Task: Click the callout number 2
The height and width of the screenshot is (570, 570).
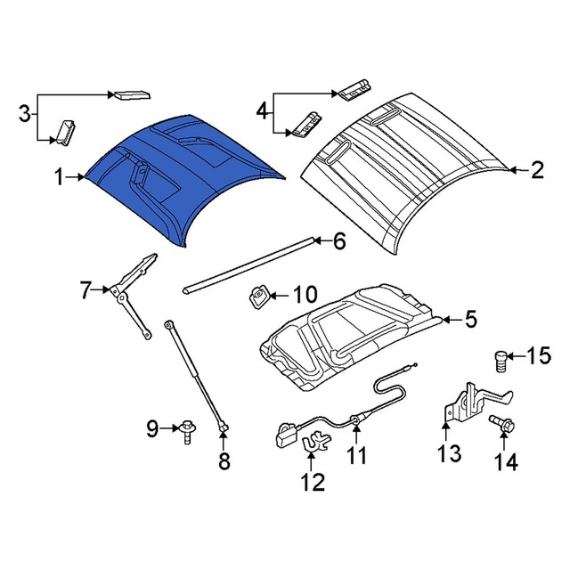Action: click(536, 170)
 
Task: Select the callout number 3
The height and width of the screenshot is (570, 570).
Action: click(25, 114)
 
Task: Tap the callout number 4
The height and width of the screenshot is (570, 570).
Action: click(262, 111)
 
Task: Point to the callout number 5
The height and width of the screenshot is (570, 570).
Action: click(471, 319)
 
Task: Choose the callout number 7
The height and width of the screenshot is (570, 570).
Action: click(85, 289)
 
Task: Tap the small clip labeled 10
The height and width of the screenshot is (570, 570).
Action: click(258, 296)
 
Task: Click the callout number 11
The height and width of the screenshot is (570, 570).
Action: click(356, 457)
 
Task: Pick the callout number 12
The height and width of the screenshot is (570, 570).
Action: click(313, 483)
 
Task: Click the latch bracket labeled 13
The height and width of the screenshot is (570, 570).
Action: click(469, 402)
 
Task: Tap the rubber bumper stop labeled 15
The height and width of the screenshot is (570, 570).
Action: click(501, 362)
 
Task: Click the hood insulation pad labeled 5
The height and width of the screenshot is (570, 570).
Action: click(356, 334)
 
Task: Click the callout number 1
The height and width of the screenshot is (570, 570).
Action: click(59, 178)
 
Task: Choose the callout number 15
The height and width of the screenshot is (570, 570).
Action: click(538, 357)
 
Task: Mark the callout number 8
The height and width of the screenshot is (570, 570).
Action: click(224, 460)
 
